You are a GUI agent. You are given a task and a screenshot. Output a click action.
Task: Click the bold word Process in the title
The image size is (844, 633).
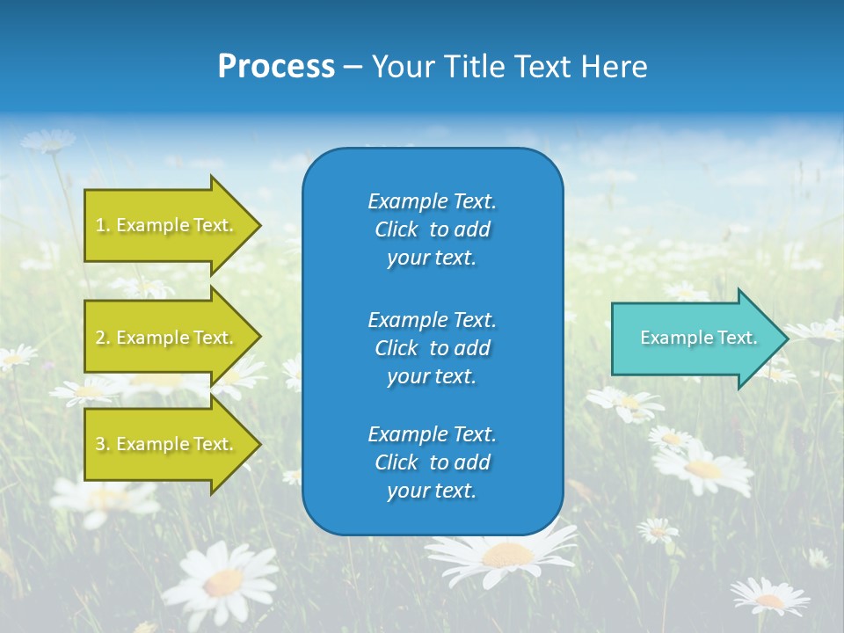pyautogui.click(x=276, y=67)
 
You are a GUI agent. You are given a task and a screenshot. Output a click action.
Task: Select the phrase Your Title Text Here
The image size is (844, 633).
pyautogui.click(x=509, y=67)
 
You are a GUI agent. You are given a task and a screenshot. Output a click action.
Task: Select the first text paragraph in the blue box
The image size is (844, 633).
pyautogui.click(x=432, y=229)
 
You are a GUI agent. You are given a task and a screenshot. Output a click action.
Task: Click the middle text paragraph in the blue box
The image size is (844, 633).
pyautogui.click(x=432, y=348)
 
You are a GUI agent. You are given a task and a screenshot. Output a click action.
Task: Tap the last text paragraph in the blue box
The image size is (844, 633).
pyautogui.click(x=432, y=462)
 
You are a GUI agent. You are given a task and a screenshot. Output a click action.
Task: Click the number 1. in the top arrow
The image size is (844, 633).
pyautogui.click(x=103, y=225)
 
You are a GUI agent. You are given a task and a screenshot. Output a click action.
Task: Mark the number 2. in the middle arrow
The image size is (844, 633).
pyautogui.click(x=103, y=338)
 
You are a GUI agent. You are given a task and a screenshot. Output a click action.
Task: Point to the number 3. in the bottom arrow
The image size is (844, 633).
pyautogui.click(x=103, y=444)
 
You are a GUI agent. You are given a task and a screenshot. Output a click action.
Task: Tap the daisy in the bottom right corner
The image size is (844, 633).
pyautogui.click(x=770, y=598)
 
